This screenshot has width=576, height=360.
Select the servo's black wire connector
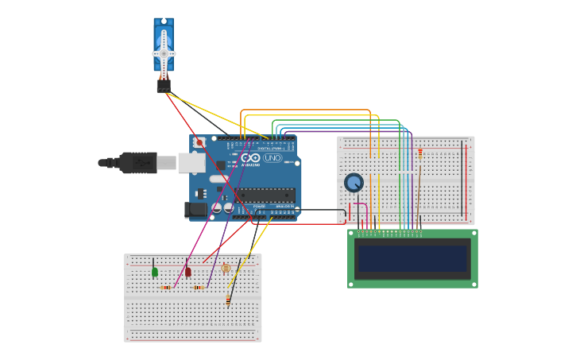[164, 85]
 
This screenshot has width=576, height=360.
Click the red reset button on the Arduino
[199, 143]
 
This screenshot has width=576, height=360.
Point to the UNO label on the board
[273, 158]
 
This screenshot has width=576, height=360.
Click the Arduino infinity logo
[252, 158]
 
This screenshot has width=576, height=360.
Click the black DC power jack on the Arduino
[195, 210]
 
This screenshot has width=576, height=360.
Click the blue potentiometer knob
[354, 183]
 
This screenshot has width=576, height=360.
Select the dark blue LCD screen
[412, 258]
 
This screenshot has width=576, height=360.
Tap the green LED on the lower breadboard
[154, 272]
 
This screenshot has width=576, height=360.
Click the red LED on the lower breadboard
[188, 272]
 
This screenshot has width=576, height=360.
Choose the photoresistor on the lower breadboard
[226, 269]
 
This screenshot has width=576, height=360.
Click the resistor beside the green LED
[166, 288]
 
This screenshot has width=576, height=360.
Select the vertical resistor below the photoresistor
[229, 300]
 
